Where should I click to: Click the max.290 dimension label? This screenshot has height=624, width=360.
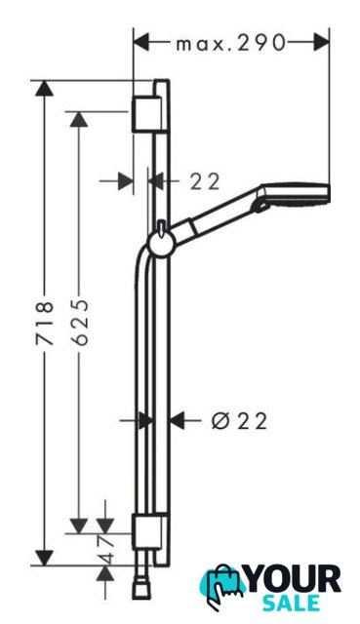(231, 42)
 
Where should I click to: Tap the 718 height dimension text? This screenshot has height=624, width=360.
(44, 323)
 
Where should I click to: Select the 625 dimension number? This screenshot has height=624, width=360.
(79, 322)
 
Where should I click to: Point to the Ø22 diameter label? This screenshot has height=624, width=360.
(239, 420)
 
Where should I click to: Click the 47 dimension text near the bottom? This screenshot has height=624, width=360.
(106, 549)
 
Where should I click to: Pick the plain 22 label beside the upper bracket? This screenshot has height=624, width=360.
(205, 182)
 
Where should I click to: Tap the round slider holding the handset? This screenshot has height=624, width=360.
(160, 243)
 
